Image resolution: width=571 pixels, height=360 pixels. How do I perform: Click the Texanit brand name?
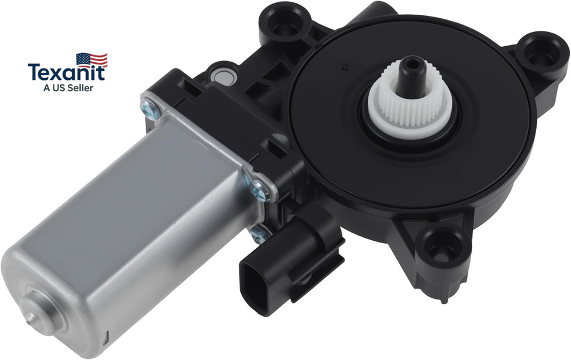point(66,72)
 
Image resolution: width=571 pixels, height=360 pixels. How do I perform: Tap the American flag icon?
point(92,60)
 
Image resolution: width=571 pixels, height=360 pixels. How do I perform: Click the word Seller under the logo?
point(80,88)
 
